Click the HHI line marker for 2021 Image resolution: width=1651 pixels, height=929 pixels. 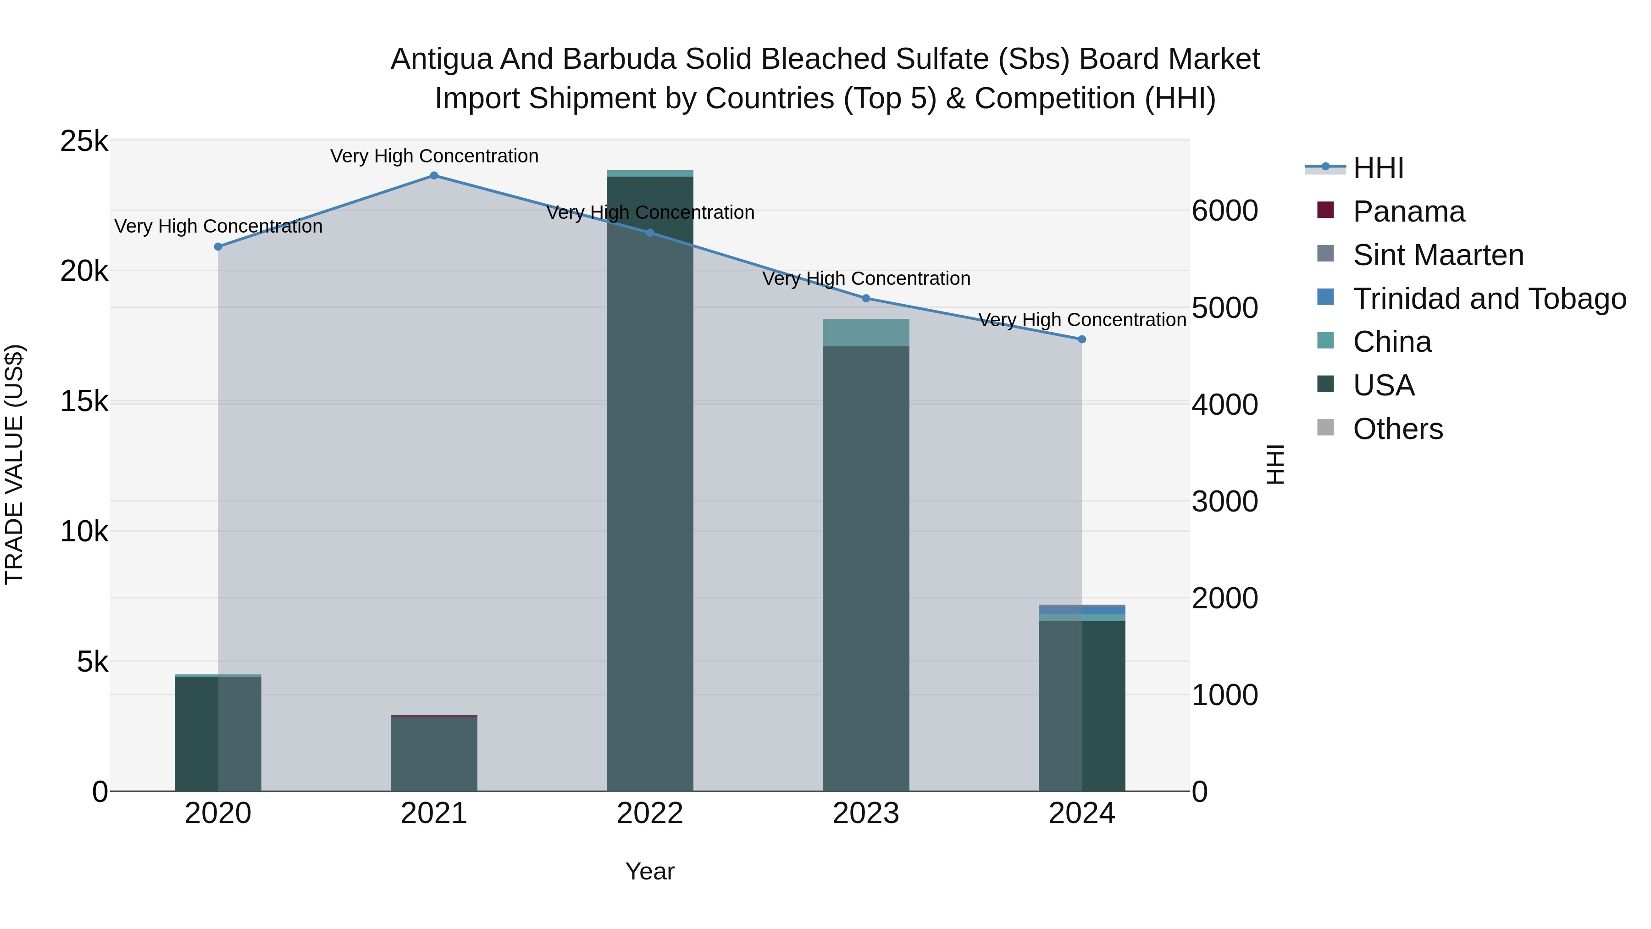[x=434, y=176]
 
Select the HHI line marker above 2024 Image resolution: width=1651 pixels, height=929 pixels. [x=1082, y=339]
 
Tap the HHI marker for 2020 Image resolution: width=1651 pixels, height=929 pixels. [x=218, y=247]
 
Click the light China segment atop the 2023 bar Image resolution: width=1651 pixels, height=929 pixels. [x=866, y=332]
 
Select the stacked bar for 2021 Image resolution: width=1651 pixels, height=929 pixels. [x=434, y=753]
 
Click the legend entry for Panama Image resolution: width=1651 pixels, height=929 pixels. [x=1408, y=211]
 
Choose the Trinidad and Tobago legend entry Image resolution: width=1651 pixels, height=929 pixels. [x=1489, y=299]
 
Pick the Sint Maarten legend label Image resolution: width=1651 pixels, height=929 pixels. [x=1438, y=255]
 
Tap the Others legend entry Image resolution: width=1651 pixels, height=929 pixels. [x=1397, y=429]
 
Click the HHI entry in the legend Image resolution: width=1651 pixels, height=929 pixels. [x=1378, y=168]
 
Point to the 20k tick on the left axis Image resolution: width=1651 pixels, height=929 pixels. [x=84, y=271]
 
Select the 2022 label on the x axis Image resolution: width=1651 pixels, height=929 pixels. [x=650, y=813]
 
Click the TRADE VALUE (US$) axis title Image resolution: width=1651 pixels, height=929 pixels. [x=14, y=464]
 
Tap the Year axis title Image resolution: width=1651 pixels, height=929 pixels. [x=650, y=871]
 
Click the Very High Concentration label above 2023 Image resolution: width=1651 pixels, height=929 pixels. [x=866, y=279]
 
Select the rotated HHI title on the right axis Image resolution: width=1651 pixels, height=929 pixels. [x=1275, y=464]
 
